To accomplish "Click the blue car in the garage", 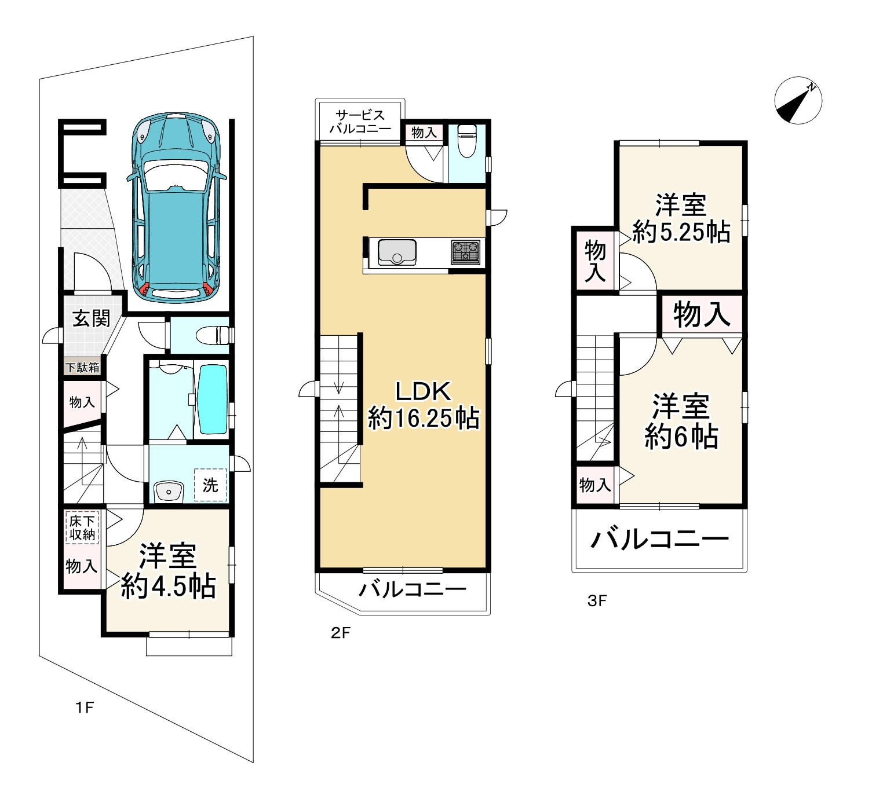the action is click(176, 208).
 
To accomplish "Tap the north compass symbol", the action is click(798, 100).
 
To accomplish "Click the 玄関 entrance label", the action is click(92, 318).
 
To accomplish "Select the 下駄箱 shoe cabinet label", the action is click(83, 368).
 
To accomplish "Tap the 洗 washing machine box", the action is click(210, 485).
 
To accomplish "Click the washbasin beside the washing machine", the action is click(168, 492).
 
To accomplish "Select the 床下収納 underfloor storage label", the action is click(82, 527).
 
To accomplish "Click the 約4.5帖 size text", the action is click(168, 586).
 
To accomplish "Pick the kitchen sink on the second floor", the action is click(397, 252).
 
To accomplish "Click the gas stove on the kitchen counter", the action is click(466, 252).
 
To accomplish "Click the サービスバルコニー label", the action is click(360, 122).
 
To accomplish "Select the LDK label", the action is click(423, 391).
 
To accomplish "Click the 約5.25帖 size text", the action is click(681, 232).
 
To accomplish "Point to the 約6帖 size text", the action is click(681, 437).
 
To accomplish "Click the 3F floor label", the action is click(597, 601).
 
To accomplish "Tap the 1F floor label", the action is click(85, 708).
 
